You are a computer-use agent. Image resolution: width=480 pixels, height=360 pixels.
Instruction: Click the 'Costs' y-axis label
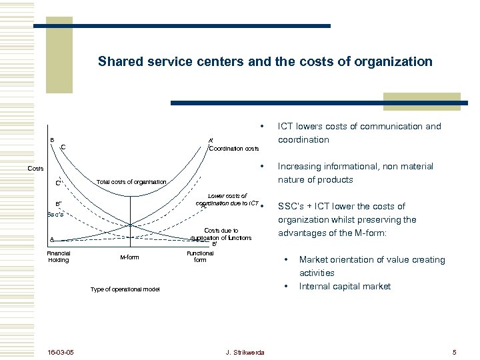point(36,168)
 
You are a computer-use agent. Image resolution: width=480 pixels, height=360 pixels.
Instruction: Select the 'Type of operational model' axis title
point(125,289)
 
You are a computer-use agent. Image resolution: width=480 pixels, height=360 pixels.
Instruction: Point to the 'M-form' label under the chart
point(129,257)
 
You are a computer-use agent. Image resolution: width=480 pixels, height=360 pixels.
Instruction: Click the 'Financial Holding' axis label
point(58,257)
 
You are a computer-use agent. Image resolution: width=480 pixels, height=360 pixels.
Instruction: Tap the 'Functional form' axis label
point(200,257)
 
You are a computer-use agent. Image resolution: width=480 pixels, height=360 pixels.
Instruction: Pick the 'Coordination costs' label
point(234,149)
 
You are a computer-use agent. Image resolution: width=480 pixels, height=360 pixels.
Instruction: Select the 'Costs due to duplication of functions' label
point(221,234)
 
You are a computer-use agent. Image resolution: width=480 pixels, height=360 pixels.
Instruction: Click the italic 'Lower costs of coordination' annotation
point(227,199)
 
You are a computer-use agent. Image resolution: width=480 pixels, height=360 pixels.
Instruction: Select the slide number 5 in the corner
point(453,352)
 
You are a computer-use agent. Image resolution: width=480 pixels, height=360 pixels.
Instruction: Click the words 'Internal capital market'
point(345,286)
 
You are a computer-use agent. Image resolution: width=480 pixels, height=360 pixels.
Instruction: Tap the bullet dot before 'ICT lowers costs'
point(263,126)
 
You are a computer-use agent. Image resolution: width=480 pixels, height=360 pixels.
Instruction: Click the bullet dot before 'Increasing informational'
point(263,166)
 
